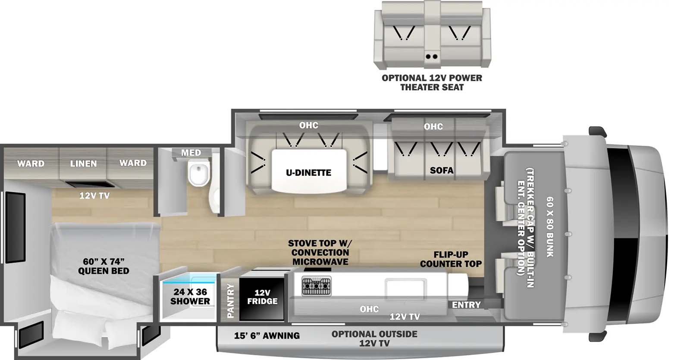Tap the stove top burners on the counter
point(317,286)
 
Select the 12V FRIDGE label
point(262,297)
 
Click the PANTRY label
point(231,301)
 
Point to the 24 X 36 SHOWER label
point(190,297)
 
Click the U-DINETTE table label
point(309,172)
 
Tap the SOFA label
point(441,170)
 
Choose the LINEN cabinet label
point(83,163)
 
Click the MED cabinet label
point(191,153)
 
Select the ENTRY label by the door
point(466,305)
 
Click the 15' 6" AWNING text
point(267,335)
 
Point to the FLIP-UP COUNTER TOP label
point(451,259)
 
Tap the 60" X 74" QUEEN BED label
point(103,266)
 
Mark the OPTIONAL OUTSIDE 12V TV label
point(374,338)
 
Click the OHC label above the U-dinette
point(309,125)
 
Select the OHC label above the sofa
point(433,126)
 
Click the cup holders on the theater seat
point(432,56)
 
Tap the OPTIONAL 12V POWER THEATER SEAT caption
point(432,82)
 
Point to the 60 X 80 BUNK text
point(550,227)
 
